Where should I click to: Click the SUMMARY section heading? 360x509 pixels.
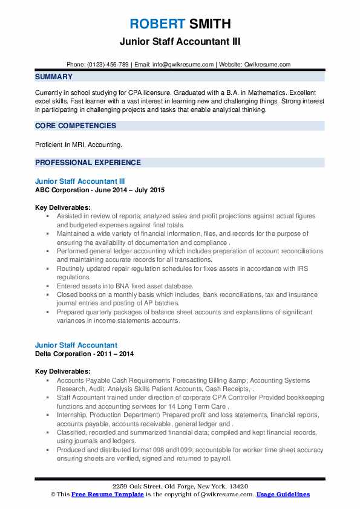point(54,77)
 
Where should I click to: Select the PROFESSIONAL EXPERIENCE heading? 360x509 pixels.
point(88,163)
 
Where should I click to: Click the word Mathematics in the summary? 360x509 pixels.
point(239,89)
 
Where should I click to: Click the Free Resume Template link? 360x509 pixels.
point(100,494)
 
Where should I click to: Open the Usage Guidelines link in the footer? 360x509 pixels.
point(283,494)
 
